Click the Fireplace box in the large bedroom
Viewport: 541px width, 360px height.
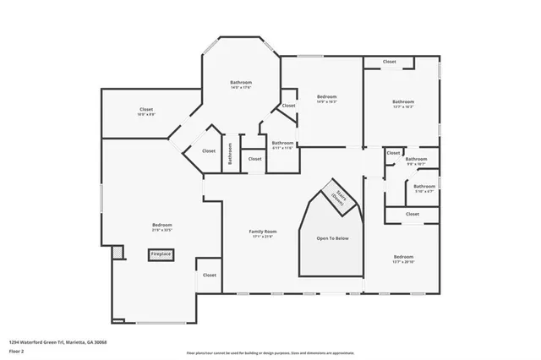click(x=161, y=254)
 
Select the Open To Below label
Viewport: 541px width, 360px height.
click(x=332, y=238)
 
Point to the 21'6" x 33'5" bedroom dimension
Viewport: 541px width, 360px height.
click(x=161, y=228)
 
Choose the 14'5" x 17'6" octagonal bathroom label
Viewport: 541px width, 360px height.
click(x=241, y=85)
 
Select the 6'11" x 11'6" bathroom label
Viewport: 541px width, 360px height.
click(x=282, y=145)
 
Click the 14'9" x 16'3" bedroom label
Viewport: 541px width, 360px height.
click(x=327, y=100)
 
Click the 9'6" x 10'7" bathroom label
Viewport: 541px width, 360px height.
click(x=416, y=161)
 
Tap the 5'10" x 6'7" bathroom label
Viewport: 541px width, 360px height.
click(x=424, y=188)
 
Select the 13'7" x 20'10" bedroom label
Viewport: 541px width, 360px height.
click(x=403, y=259)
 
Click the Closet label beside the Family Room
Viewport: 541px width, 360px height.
click(x=209, y=275)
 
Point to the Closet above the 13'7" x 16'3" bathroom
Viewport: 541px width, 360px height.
click(x=390, y=62)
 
